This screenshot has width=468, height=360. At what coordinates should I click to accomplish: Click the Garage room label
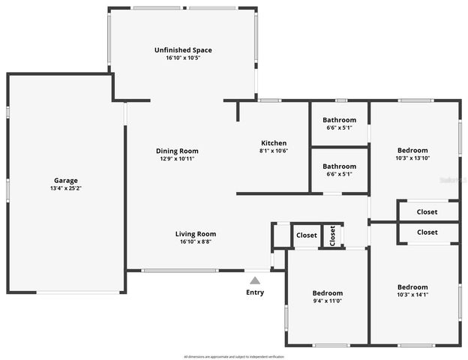click(x=65, y=180)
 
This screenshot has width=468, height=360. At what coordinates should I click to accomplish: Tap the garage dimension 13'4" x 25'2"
click(x=65, y=188)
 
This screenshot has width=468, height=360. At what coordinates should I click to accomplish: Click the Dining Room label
click(x=177, y=151)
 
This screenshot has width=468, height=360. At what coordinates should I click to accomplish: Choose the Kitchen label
click(x=273, y=143)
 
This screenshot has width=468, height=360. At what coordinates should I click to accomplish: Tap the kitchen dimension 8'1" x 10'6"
click(x=273, y=151)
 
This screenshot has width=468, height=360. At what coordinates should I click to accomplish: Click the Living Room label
click(x=196, y=233)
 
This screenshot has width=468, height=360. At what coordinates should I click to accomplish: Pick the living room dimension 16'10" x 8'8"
click(x=196, y=241)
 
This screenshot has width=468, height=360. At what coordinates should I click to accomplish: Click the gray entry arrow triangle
click(x=255, y=280)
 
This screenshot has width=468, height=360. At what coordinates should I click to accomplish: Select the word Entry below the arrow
click(x=255, y=292)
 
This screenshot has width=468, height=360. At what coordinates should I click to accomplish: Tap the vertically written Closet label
click(x=332, y=235)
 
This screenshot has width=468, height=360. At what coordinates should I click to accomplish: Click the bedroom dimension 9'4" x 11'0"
click(x=327, y=301)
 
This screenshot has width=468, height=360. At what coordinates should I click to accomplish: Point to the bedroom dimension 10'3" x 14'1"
click(x=412, y=295)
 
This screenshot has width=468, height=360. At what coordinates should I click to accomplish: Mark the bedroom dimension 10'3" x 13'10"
click(x=412, y=157)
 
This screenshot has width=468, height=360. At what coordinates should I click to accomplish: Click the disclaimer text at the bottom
click(x=233, y=356)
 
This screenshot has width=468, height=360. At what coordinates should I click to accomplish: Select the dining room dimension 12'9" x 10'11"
click(x=177, y=158)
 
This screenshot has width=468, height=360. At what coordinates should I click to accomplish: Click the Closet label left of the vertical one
click(x=306, y=235)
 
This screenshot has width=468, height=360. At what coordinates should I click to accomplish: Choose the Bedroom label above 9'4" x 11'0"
click(x=327, y=293)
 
